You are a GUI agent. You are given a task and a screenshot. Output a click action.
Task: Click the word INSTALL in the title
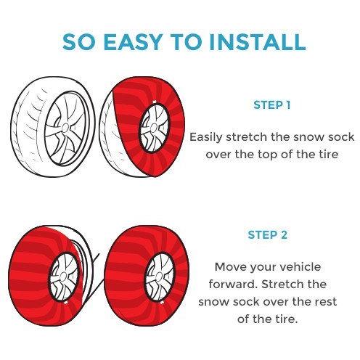pyautogui.click(x=258, y=42)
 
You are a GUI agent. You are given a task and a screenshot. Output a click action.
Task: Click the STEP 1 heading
pyautogui.click(x=271, y=105)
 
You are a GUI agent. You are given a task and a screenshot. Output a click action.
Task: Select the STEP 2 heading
pyautogui.click(x=268, y=235)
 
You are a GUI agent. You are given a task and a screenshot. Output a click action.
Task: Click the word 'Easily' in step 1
pyautogui.click(x=205, y=137)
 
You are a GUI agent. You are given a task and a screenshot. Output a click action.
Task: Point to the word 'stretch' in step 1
pyautogui.click(x=247, y=137)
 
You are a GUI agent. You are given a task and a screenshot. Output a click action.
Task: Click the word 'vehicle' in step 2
pyautogui.click(x=300, y=267)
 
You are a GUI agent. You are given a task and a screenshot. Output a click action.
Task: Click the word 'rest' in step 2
pyautogui.click(x=327, y=302)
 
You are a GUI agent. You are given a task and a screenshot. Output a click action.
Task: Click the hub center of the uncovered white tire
pyautogui.click(x=65, y=128)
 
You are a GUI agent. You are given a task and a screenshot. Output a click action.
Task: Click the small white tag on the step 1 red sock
pyautogui.click(x=154, y=102)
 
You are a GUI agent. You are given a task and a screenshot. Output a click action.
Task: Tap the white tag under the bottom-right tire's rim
pyautogui.click(x=162, y=302)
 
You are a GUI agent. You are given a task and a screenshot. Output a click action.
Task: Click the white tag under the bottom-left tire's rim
pyautogui.click(x=65, y=303)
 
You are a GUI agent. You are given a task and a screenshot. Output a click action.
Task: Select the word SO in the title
pyautogui.click(x=78, y=42)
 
